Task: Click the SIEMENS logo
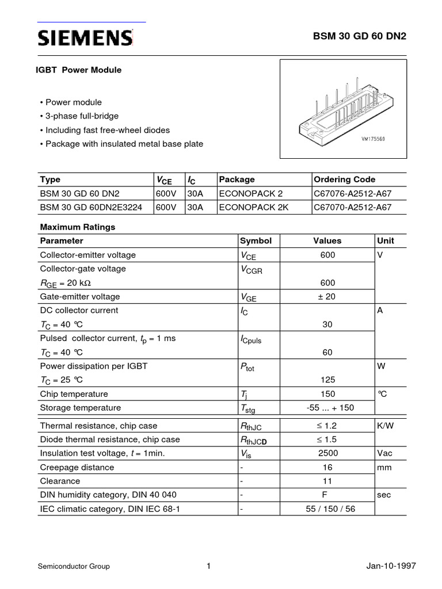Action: (x=85, y=39)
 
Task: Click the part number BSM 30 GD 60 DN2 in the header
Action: (x=359, y=36)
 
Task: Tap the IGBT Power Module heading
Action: (x=80, y=70)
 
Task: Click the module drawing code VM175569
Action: (x=373, y=139)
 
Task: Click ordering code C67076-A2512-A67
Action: (x=352, y=193)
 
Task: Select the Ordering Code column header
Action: (x=345, y=179)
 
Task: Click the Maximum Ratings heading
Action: (x=77, y=227)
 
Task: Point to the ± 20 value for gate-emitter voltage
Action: (x=327, y=297)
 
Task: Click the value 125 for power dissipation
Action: (x=327, y=380)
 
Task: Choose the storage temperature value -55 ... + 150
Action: (x=327, y=408)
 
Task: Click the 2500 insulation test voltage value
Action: (x=327, y=453)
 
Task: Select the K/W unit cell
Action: (x=386, y=426)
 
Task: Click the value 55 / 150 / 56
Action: (x=327, y=509)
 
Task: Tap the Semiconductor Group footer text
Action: (x=74, y=567)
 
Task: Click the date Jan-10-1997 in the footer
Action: (x=391, y=567)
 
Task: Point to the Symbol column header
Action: (x=256, y=241)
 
